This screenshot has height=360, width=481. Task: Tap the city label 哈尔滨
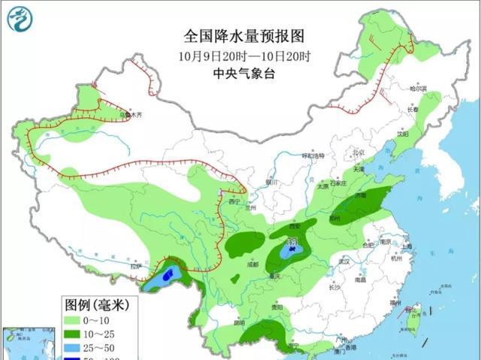pos(417,89)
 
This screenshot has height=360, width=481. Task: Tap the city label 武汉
pos(345,262)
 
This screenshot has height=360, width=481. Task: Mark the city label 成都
pos(257,265)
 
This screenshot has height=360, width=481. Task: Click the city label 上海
pos(407,247)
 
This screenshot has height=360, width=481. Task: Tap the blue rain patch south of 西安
pos(291,247)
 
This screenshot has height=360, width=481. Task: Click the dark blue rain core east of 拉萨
pos(168,274)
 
